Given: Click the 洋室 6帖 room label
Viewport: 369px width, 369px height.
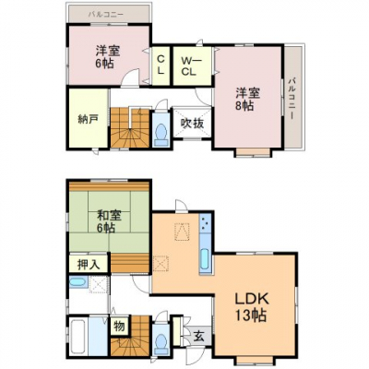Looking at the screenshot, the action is [x=107, y=57].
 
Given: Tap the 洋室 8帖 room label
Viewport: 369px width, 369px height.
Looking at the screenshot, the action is [x=247, y=99].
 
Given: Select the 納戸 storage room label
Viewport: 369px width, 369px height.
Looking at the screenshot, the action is [x=89, y=119].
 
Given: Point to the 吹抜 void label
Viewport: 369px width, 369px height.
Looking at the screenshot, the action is [x=192, y=124].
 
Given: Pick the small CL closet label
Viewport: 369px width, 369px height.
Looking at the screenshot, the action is [x=161, y=65].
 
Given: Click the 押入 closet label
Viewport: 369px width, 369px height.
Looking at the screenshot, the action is [x=89, y=265].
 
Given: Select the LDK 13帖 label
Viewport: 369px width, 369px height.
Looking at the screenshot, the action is [x=252, y=306].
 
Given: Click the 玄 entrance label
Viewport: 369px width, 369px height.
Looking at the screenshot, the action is [x=199, y=337].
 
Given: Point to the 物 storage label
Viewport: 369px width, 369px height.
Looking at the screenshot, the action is [x=119, y=326].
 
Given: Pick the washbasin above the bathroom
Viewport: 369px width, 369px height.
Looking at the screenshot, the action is [x=77, y=282].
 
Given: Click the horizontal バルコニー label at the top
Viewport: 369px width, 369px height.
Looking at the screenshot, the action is [x=106, y=14].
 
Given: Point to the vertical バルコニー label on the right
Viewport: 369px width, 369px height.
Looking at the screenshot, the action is [x=293, y=99].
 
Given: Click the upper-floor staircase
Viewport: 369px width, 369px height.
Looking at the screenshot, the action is [x=130, y=128].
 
